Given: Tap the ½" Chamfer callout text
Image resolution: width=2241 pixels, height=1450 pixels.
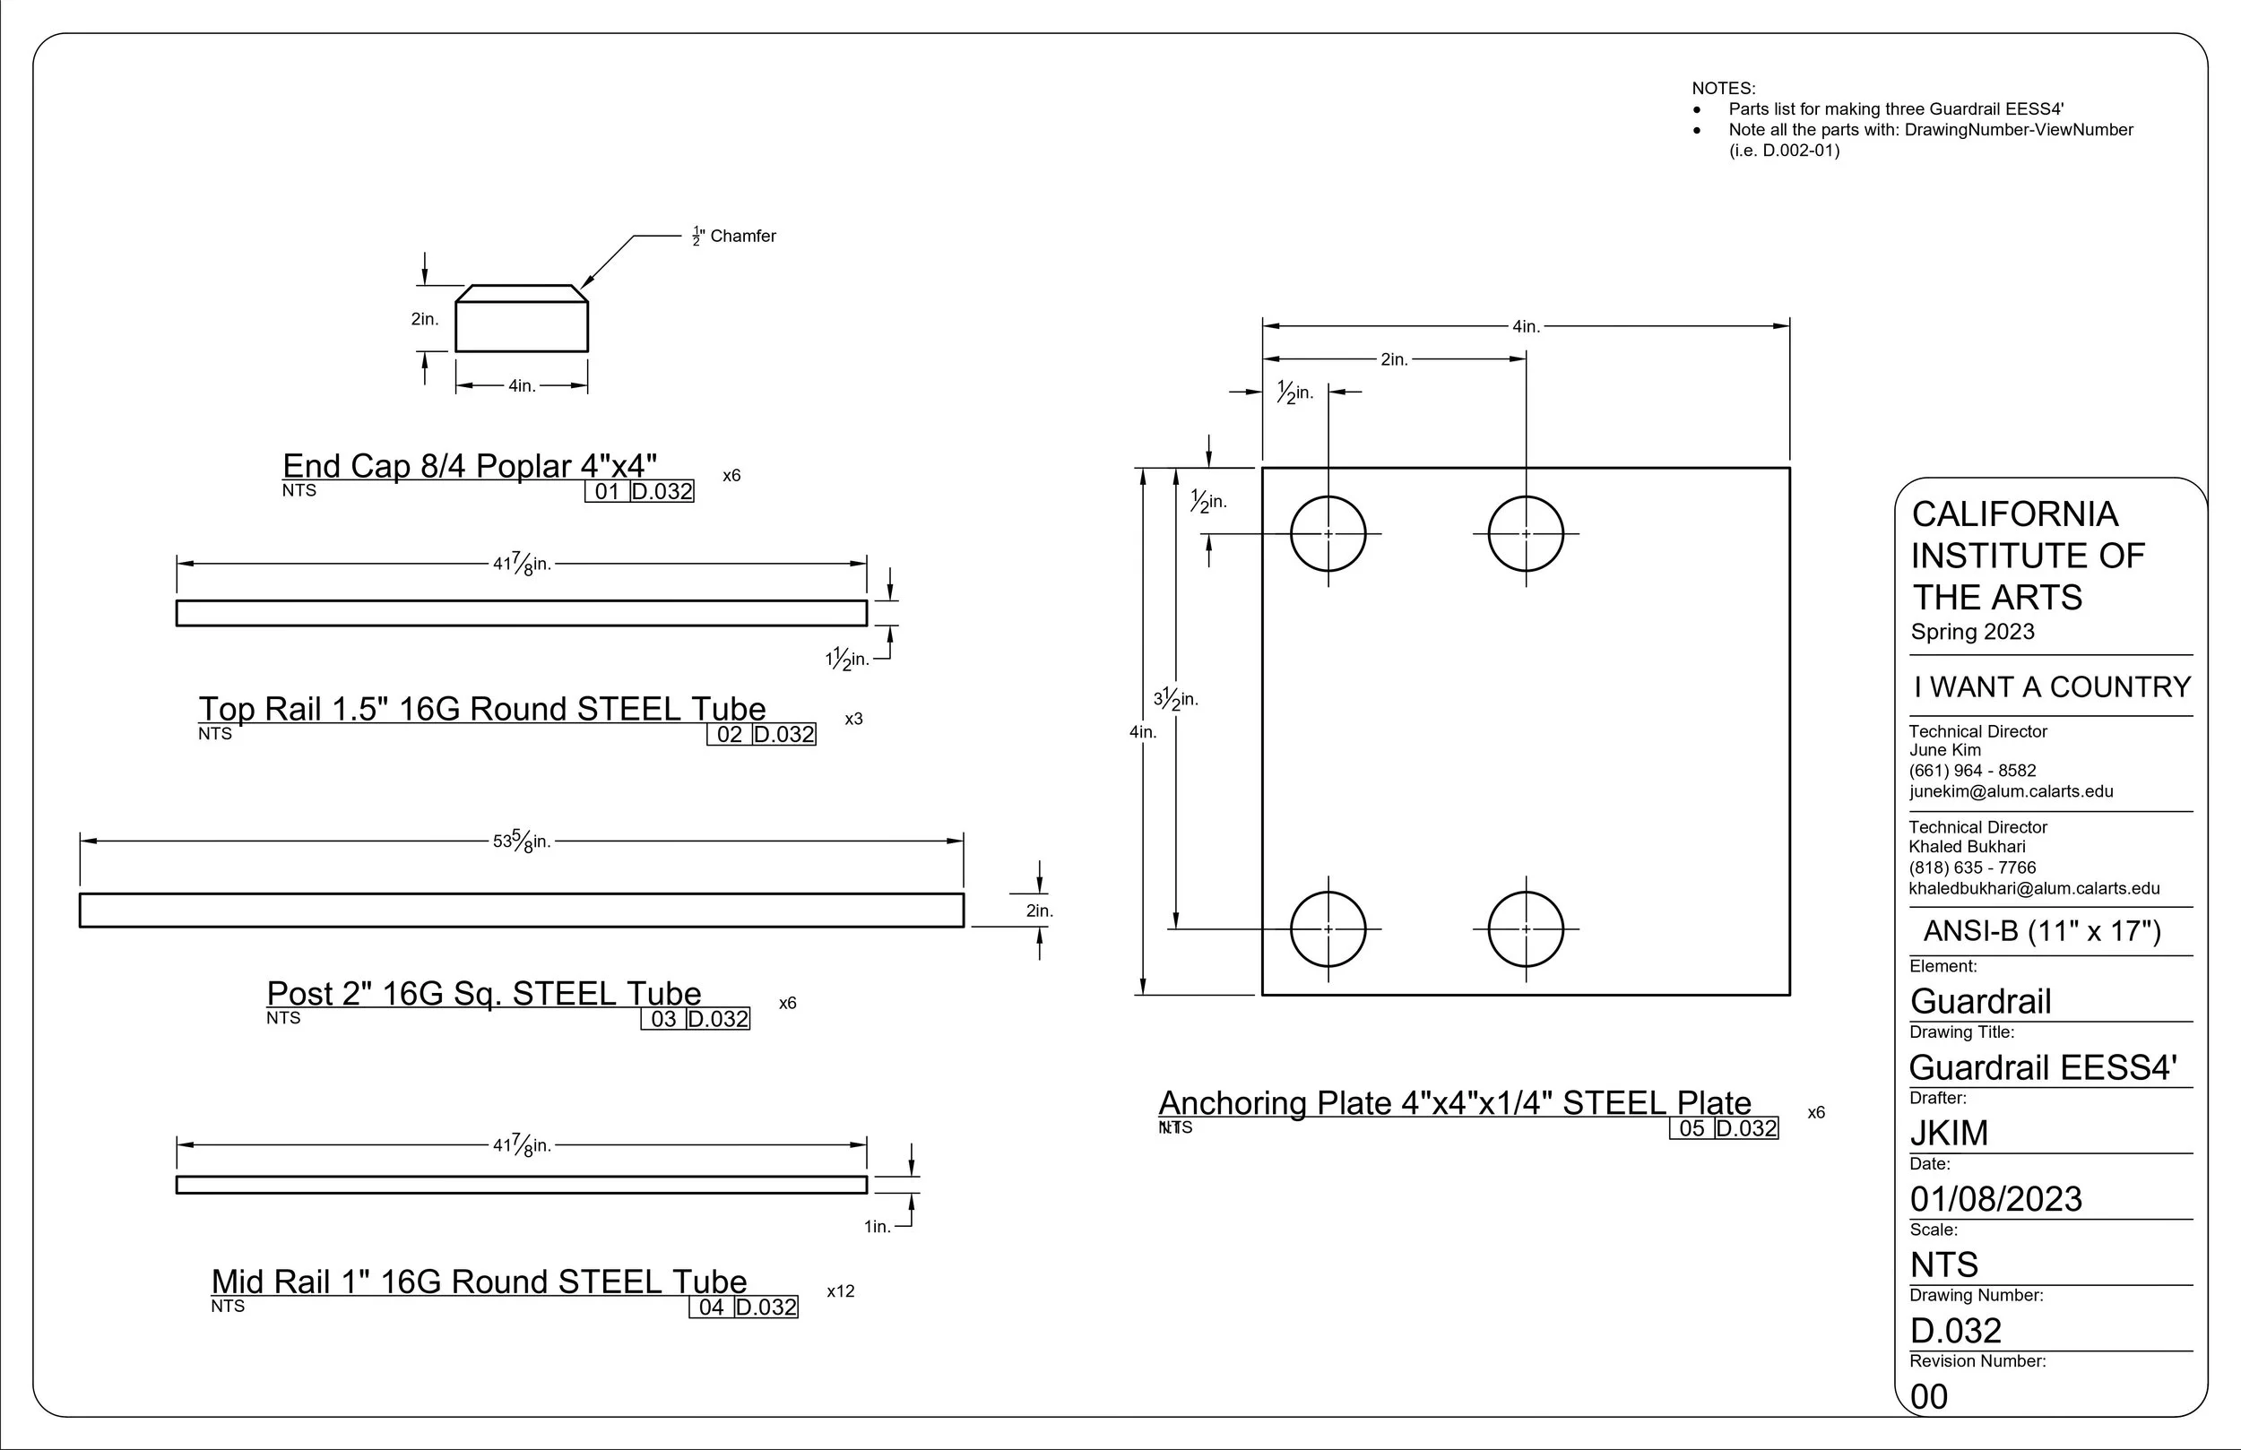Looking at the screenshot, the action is tap(734, 236).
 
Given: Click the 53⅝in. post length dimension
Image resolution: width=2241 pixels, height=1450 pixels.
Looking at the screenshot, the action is tap(522, 840).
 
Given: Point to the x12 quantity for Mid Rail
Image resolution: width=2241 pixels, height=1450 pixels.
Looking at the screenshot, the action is tap(841, 1290).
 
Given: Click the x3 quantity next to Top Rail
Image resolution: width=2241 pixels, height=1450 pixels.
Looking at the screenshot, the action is tap(854, 719).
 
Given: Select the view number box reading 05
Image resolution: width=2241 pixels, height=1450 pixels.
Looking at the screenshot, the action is tap(1692, 1128).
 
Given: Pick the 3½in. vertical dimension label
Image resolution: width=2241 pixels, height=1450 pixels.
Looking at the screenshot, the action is tap(1176, 699).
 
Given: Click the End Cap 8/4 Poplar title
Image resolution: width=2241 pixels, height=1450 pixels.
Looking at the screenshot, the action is tap(470, 465).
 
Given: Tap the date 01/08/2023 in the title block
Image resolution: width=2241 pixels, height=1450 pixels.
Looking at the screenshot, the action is tap(1996, 1198).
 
